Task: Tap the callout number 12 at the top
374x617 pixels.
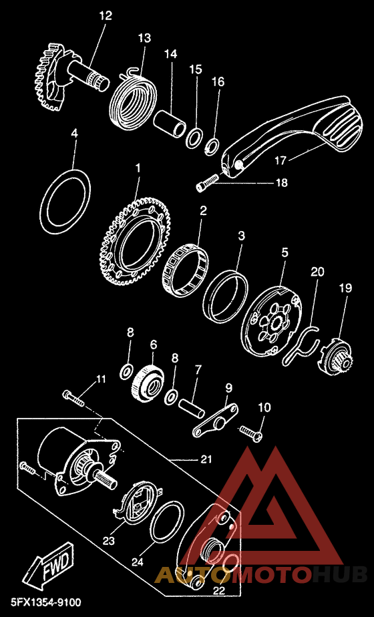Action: coord(106,16)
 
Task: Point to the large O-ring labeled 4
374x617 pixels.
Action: coord(65,201)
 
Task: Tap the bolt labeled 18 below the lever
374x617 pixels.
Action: coord(206,183)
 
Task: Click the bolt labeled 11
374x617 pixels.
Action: coord(73,398)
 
